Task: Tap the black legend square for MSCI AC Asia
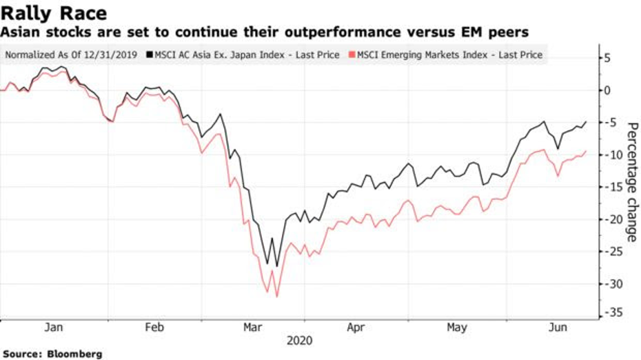pos(149,54)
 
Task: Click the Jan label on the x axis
pos(54,328)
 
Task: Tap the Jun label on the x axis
pos(558,328)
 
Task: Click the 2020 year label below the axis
pos(301,341)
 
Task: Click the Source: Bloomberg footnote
pos(52,354)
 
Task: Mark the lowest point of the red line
pos(277,297)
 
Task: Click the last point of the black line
pos(586,122)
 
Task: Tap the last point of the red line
pos(586,151)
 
